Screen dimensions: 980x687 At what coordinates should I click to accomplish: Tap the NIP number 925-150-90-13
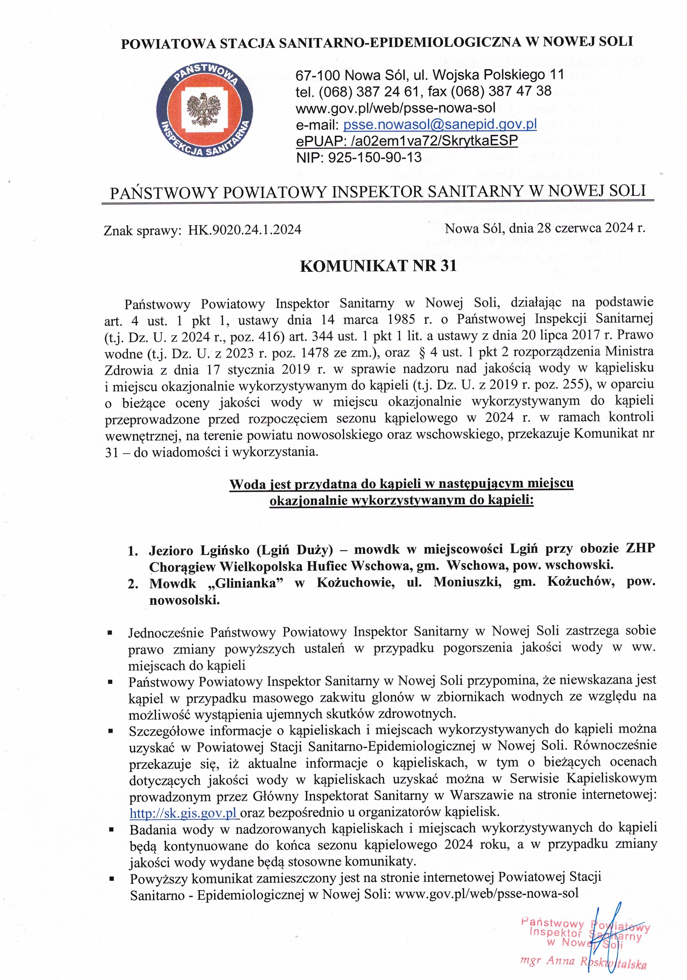pos(374,157)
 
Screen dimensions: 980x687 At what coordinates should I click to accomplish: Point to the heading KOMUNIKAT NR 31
pos(378,266)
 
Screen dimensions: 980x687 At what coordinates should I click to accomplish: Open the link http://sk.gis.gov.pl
pos(184,813)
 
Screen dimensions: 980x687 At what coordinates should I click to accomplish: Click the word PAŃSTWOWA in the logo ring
pos(206,71)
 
